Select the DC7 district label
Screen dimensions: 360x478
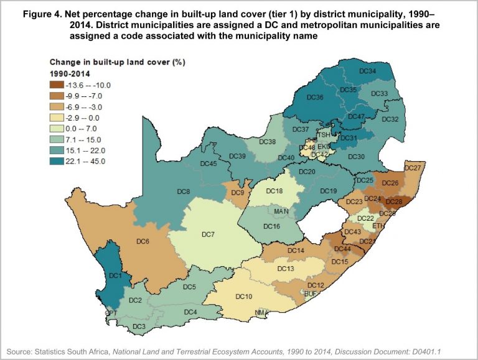point(208,234)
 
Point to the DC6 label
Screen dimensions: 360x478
point(142,241)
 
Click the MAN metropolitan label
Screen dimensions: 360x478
point(281,212)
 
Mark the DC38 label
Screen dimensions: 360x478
point(268,142)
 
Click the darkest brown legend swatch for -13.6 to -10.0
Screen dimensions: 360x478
point(60,85)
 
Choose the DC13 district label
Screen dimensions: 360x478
point(286,269)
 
